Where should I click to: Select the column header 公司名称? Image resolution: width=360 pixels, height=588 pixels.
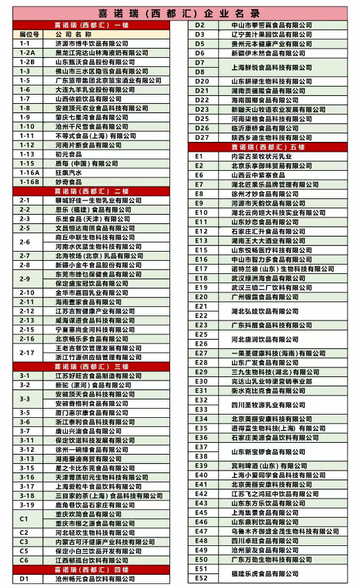coord(72,33)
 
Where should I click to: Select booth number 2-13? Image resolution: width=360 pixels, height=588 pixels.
coord(26,320)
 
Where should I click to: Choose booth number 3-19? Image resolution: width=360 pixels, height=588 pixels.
coord(26,505)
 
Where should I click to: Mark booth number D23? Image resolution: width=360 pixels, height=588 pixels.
coord(202,109)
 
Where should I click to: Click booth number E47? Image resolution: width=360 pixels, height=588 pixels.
coord(201,531)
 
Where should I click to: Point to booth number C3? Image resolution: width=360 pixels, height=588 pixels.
coord(24,542)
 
